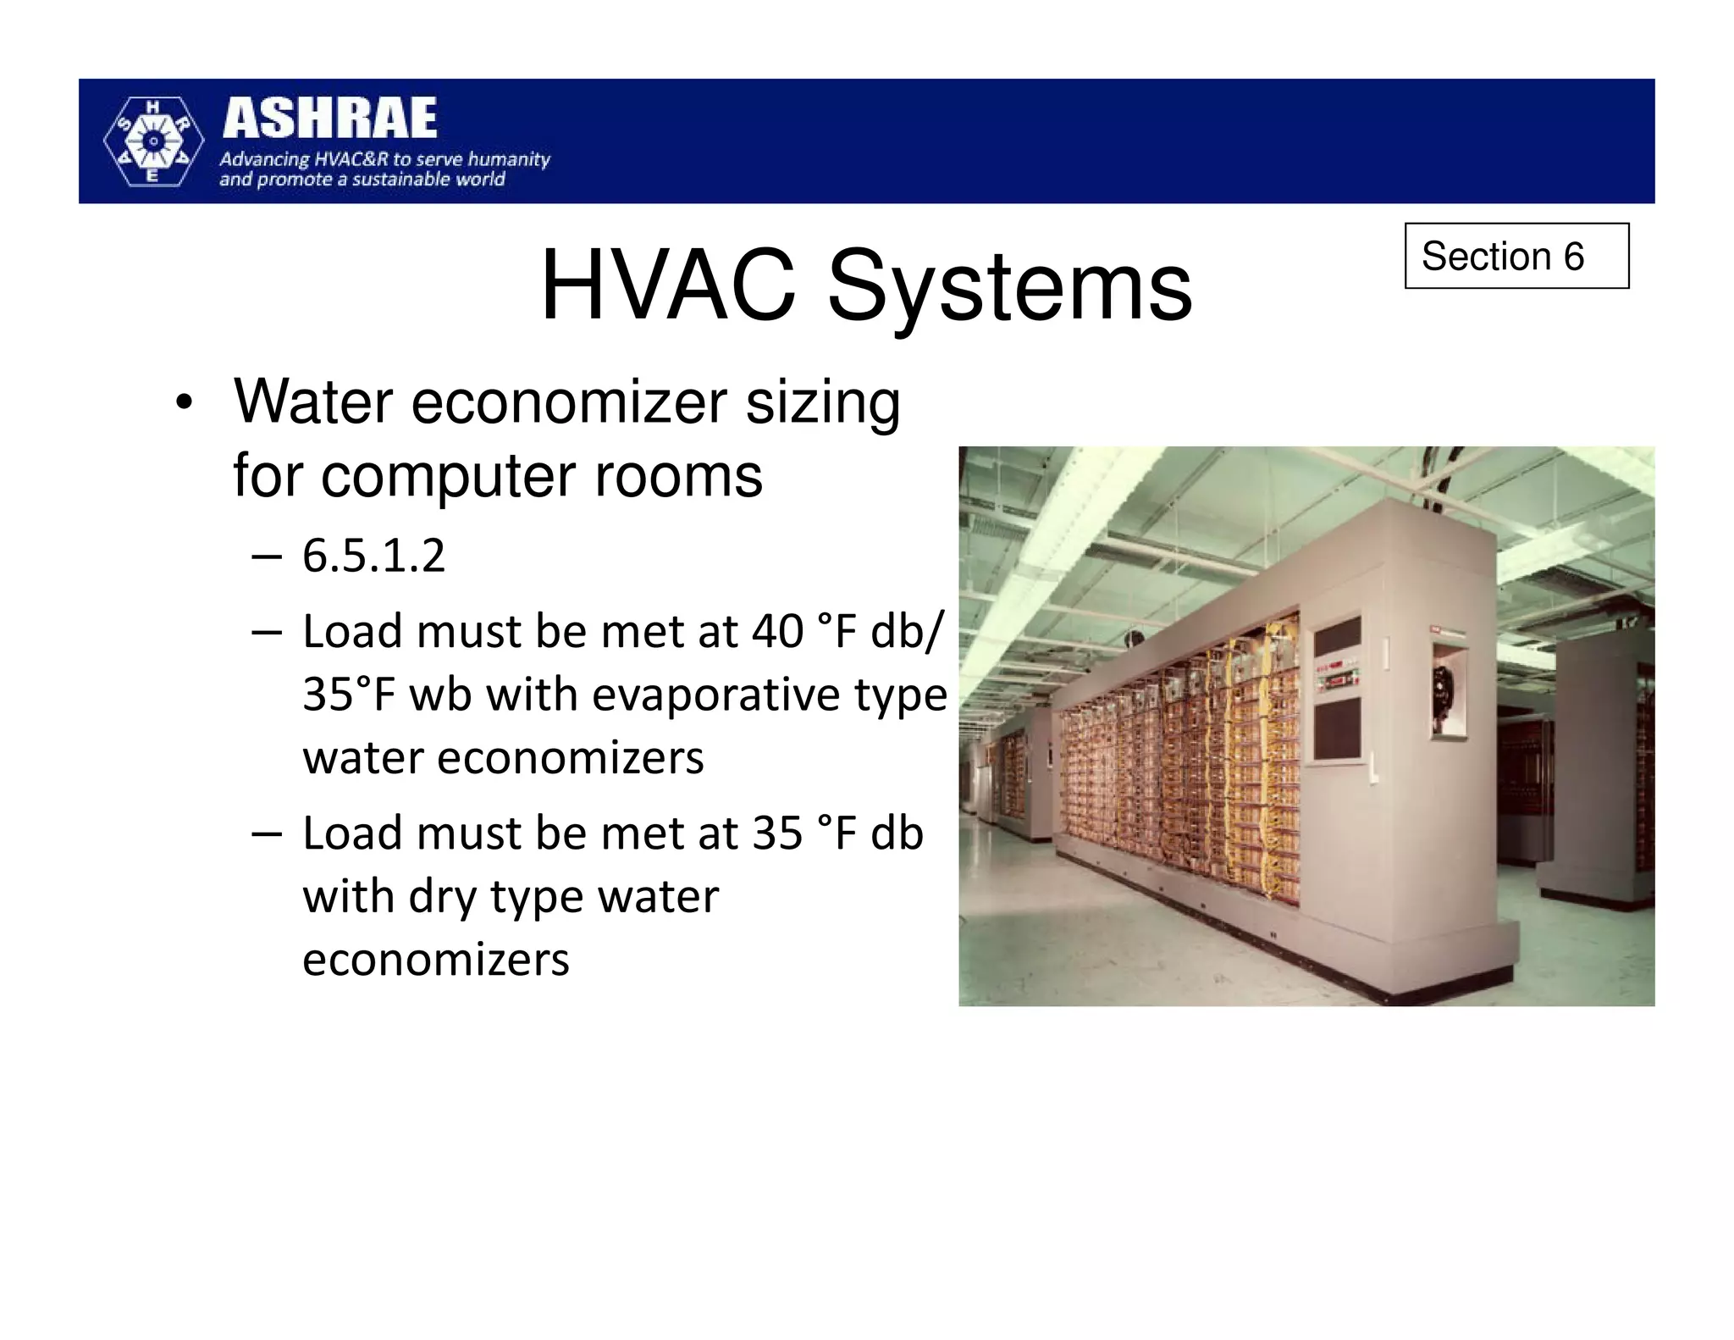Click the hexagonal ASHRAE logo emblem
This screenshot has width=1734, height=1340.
pos(153,141)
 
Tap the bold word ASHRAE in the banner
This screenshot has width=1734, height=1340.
pos(330,118)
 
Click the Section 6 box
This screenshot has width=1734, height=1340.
pos(1516,256)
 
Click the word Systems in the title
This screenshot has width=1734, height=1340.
pos(1009,288)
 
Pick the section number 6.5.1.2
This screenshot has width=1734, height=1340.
pos(373,556)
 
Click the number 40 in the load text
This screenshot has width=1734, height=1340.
pos(777,632)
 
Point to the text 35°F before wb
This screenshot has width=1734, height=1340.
pos(349,695)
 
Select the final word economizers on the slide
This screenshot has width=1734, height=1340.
pos(435,960)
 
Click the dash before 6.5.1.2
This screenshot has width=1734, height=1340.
pos(266,556)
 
